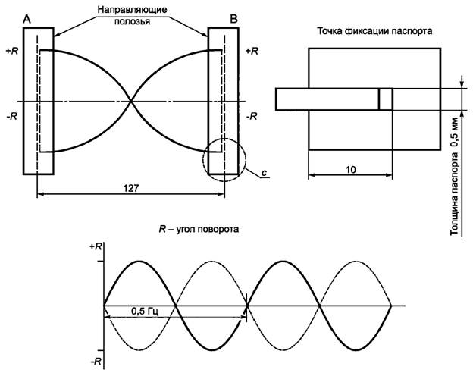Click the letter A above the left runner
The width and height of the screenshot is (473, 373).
tap(27, 19)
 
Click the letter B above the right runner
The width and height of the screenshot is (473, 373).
tap(233, 19)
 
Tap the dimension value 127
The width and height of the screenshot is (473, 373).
tap(131, 188)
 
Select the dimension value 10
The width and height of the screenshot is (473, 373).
tap(350, 170)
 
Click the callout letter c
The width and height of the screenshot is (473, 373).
tap(264, 173)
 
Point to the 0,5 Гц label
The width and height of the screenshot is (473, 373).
tap(145, 311)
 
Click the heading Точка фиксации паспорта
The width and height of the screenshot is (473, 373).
tap(374, 31)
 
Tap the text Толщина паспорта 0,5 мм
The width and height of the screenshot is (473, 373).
tap(454, 177)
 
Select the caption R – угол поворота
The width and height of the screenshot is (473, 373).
tap(199, 230)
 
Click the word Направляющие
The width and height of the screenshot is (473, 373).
tap(132, 10)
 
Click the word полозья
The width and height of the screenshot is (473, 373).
tap(132, 21)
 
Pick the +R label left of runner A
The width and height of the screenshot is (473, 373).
tap(12, 52)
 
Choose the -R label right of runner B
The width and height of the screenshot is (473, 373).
tap(252, 116)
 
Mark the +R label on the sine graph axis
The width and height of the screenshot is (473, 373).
tap(96, 246)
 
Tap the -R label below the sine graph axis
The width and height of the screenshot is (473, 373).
tap(96, 361)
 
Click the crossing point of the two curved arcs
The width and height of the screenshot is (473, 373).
tap(131, 101)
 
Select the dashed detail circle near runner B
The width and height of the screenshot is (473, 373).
tap(203, 160)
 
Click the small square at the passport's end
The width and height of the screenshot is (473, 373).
tap(386, 99)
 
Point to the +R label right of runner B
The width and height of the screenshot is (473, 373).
tap(252, 52)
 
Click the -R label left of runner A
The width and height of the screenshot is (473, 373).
tap(12, 116)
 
